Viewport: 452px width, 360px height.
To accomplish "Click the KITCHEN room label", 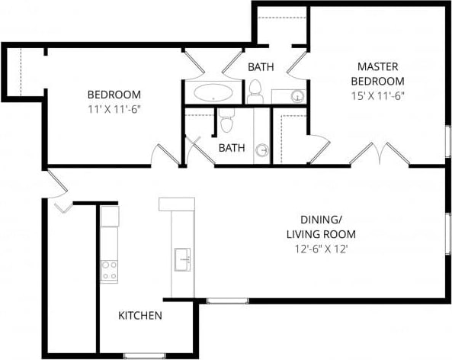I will (139, 315).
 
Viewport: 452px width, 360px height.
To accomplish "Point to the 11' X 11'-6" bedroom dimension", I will (114, 108).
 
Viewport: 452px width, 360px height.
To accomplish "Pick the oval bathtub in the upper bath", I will (214, 95).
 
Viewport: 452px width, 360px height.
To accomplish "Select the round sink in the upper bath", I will (297, 96).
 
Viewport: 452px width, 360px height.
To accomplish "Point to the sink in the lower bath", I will (262, 150).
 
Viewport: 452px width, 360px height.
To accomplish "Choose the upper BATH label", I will (261, 67).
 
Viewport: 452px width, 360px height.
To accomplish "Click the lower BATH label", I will (232, 148).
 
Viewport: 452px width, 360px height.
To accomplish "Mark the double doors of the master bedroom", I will (375, 154).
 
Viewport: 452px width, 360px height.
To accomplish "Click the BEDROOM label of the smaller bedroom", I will (114, 95).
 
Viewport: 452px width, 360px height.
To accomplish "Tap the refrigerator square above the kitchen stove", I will (110, 216).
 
